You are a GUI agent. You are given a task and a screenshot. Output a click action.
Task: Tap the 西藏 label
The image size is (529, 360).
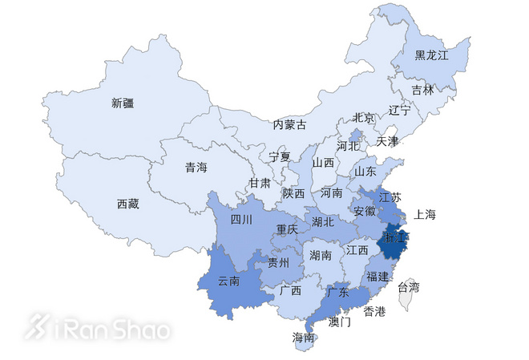point(127,204)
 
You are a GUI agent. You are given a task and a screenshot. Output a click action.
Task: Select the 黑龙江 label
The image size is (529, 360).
point(431,55)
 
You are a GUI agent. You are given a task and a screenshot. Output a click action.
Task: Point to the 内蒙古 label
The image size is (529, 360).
point(289,124)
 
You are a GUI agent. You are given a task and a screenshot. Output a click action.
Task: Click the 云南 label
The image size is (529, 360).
point(228,281)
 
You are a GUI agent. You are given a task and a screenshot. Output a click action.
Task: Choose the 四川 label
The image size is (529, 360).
point(241,220)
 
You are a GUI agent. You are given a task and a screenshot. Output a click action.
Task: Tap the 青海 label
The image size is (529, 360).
point(196,168)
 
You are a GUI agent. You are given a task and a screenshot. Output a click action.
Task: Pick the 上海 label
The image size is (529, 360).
point(425,214)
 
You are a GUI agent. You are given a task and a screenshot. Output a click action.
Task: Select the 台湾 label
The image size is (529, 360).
point(408,286)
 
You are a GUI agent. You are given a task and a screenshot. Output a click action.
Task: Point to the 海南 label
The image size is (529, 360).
point(303,338)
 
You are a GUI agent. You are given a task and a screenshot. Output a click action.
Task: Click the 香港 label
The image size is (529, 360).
point(375,310)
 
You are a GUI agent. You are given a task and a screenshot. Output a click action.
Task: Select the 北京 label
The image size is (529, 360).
point(363,118)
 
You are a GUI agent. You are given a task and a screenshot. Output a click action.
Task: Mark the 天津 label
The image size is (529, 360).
point(387,141)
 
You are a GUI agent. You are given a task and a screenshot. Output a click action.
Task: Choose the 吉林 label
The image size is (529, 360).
point(422,89)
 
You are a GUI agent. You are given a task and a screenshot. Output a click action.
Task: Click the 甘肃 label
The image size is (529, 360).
point(260,183)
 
